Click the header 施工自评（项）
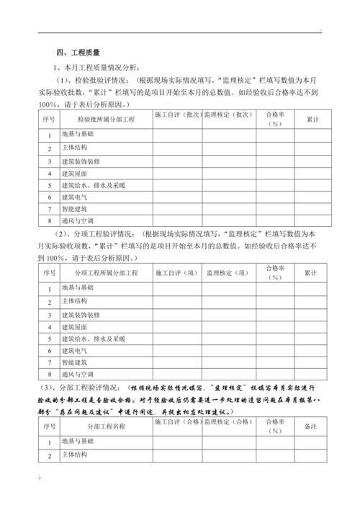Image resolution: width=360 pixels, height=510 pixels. tap(176, 273)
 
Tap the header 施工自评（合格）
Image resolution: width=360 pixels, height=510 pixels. tap(176, 421)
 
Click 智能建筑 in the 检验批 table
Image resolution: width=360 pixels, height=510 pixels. tap(75, 208)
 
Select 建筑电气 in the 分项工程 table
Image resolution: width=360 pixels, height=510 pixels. tap(75, 350)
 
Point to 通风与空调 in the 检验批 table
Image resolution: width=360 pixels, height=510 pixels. tap(78, 220)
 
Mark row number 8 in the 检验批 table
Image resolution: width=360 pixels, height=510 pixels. tap(50, 221)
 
